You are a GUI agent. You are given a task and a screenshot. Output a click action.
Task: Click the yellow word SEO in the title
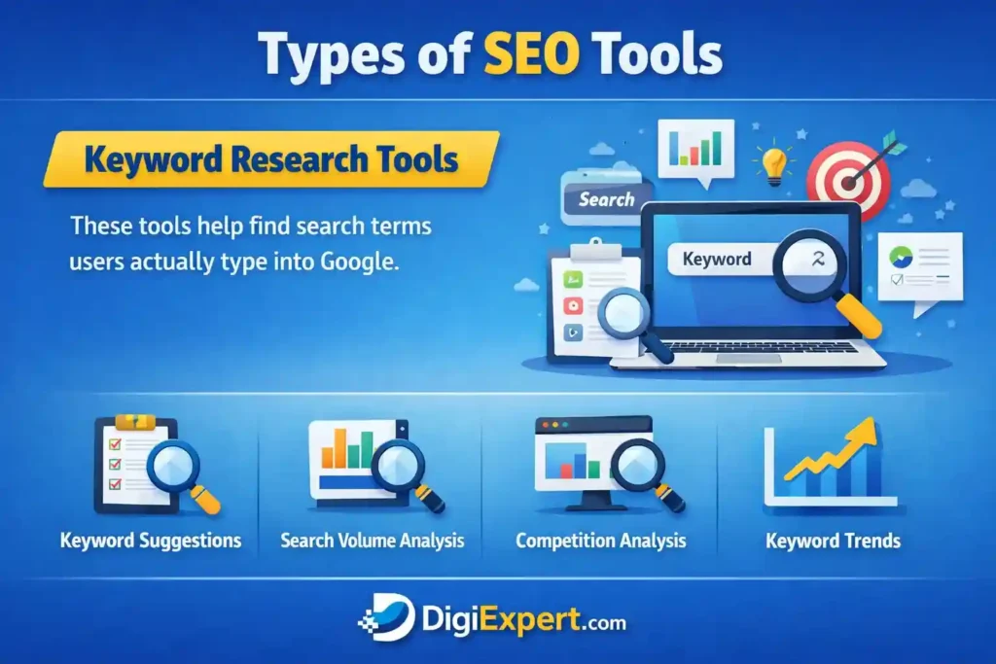pyautogui.click(x=532, y=54)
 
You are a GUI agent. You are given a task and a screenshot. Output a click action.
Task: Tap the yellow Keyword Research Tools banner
pyautogui.click(x=271, y=158)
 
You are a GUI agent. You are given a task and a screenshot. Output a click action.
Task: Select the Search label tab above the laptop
pyautogui.click(x=607, y=200)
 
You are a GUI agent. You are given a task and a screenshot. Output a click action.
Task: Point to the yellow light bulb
pyautogui.click(x=773, y=163)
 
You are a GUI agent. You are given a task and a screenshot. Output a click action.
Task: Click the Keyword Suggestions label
pyautogui.click(x=151, y=541)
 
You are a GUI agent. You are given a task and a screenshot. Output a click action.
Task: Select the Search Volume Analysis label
pyautogui.click(x=373, y=541)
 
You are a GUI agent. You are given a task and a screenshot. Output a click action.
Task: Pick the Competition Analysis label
pyautogui.click(x=601, y=541)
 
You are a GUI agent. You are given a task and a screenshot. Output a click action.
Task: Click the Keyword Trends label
pyautogui.click(x=833, y=541)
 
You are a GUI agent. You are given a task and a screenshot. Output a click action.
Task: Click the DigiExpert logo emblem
pyautogui.click(x=387, y=618)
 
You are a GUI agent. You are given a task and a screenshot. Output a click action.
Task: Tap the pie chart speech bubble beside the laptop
pyautogui.click(x=920, y=271)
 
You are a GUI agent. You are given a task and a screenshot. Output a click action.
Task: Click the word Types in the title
pyautogui.click(x=332, y=55)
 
